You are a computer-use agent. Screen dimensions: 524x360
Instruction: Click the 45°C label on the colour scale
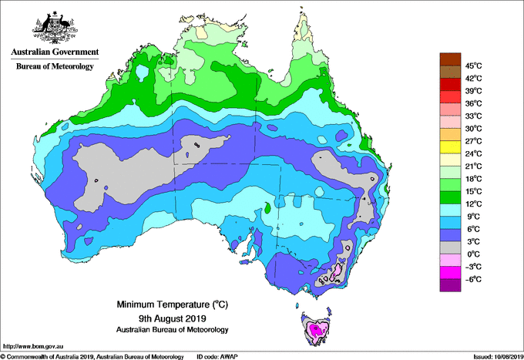pyautogui.click(x=474, y=66)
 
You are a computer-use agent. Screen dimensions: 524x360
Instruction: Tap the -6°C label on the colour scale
pyautogui.click(x=473, y=279)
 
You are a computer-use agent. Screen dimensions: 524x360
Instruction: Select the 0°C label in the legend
pyautogui.click(x=473, y=254)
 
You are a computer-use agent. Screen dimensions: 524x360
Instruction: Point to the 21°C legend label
pyautogui.click(x=474, y=167)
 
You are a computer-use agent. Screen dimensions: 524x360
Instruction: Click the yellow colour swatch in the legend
pyautogui.click(x=450, y=147)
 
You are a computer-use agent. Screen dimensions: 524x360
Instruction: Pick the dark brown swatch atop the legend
pyautogui.click(x=450, y=59)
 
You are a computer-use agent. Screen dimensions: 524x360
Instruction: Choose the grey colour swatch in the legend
pyautogui.click(x=450, y=247)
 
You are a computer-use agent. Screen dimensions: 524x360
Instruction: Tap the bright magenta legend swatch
pyautogui.click(x=450, y=272)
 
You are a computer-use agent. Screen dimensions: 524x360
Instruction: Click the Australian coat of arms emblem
pyautogui.click(x=55, y=28)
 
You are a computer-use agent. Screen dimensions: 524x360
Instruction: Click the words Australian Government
pyautogui.click(x=55, y=52)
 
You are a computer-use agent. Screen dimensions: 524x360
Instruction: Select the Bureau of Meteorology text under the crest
pyautogui.click(x=55, y=66)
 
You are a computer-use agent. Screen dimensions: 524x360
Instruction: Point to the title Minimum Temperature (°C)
pyautogui.click(x=172, y=304)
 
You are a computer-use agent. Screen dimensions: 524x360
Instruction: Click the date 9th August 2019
pyautogui.click(x=172, y=318)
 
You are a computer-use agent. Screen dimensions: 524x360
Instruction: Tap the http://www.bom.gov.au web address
pyautogui.click(x=32, y=347)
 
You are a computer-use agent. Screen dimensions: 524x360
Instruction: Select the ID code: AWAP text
pyautogui.click(x=217, y=357)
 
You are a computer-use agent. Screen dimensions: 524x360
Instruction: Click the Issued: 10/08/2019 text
pyautogui.click(x=499, y=357)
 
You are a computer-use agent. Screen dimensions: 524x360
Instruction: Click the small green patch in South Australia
pyautogui.click(x=267, y=208)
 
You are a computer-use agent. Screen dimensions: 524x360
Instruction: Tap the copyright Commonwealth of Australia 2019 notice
pyautogui.click(x=92, y=357)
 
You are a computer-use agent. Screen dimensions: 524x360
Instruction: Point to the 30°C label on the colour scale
pyautogui.click(x=474, y=129)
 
